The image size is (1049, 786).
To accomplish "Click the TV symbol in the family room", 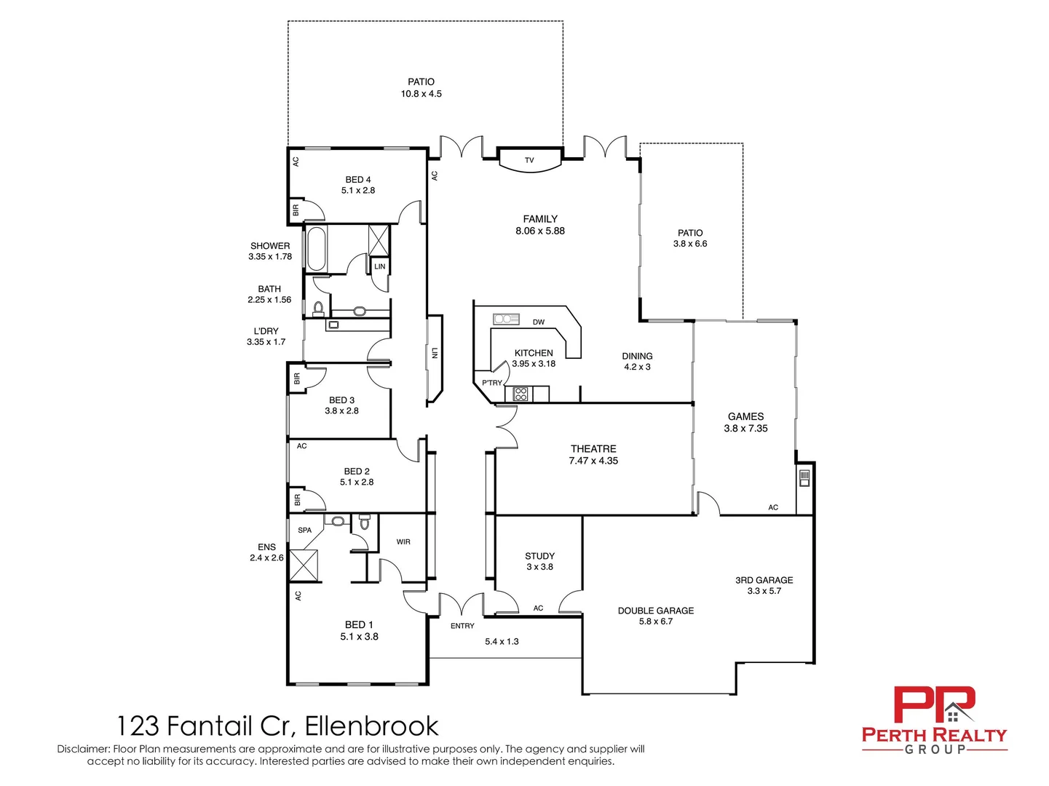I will tap(529, 160).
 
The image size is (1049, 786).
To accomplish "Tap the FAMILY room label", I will tap(540, 219).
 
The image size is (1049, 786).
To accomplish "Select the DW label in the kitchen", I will tap(539, 322).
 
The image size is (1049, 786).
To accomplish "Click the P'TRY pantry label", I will tap(492, 383).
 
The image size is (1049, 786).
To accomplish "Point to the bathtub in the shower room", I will tap(317, 249).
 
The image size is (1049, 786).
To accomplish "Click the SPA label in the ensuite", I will tap(304, 531).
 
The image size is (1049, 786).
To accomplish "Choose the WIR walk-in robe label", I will tap(403, 542).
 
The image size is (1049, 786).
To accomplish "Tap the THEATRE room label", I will tap(593, 449).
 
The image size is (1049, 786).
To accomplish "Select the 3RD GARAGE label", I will tap(764, 580).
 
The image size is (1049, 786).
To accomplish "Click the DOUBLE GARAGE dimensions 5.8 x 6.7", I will tap(656, 622).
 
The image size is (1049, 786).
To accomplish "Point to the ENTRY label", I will tap(462, 626).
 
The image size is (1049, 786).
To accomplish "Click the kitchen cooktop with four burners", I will tap(520, 394).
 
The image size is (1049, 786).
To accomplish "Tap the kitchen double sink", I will tap(505, 319).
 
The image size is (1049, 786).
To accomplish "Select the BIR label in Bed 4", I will tap(296, 210).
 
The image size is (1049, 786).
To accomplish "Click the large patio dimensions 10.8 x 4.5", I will tap(421, 94).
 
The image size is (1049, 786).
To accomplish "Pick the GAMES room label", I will tap(745, 417).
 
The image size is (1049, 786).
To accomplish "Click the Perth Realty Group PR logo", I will tap(934, 706).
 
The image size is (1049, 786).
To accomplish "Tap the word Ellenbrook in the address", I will tap(371, 726).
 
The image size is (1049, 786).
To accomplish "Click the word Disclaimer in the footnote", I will tap(84, 749).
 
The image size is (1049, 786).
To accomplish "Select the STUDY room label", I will tap(539, 556).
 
